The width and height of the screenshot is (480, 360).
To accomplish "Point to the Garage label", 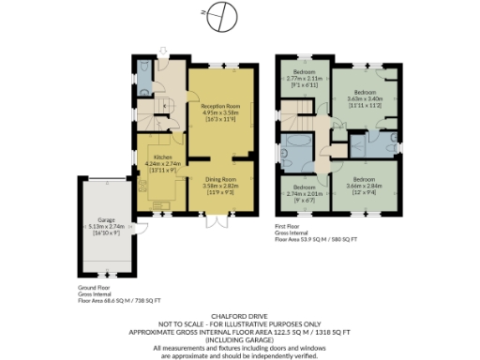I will click(106, 222).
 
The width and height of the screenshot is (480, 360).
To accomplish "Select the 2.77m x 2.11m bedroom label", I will click(303, 76).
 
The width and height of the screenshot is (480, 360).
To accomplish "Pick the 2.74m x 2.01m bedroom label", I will click(303, 192).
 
